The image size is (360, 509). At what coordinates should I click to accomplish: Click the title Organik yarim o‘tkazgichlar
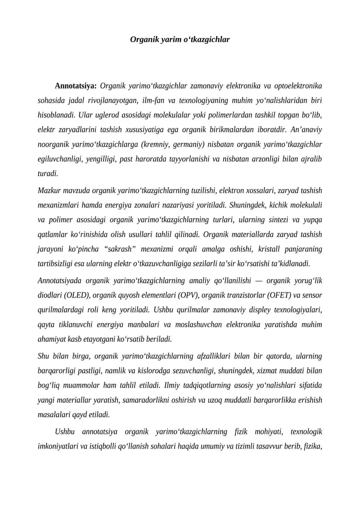coord(180,40)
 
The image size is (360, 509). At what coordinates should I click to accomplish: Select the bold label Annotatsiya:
coord(76,86)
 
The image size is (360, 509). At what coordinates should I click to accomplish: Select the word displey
coord(252,310)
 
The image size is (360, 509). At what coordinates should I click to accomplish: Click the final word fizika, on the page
coord(312,446)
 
